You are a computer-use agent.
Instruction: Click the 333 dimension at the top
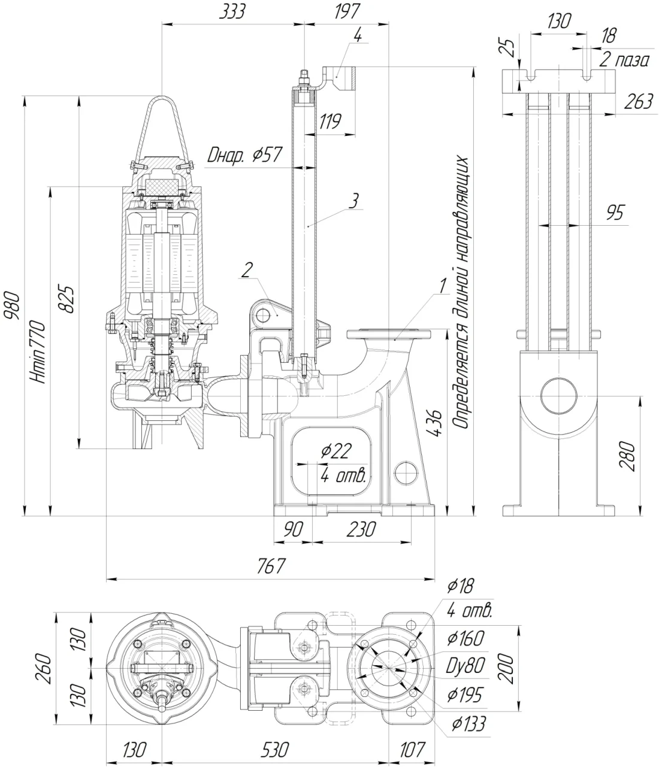click(x=232, y=12)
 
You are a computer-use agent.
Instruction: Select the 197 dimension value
click(x=347, y=12)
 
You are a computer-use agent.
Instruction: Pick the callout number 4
click(x=358, y=35)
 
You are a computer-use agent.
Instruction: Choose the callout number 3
click(x=354, y=201)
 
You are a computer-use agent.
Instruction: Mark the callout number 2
click(x=247, y=270)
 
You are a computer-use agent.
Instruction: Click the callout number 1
click(x=443, y=286)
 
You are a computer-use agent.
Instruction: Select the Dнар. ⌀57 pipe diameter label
click(x=244, y=155)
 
